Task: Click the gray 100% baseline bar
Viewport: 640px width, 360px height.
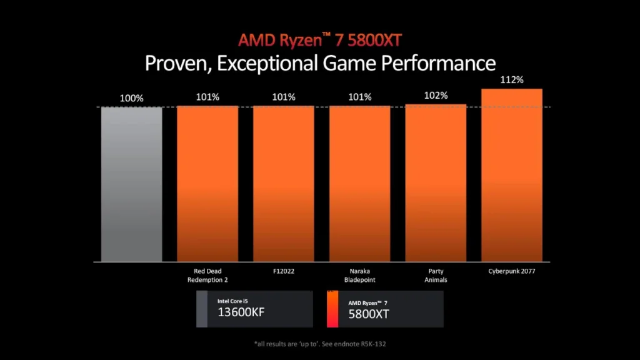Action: (x=132, y=184)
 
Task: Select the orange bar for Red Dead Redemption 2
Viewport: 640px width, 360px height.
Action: (x=207, y=184)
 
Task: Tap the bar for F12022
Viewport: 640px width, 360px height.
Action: (x=283, y=184)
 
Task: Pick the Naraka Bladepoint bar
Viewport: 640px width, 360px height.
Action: (x=359, y=184)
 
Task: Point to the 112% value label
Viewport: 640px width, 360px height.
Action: (x=511, y=81)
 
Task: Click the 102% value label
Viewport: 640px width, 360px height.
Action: (x=436, y=96)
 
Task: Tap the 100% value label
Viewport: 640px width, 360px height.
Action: (x=132, y=98)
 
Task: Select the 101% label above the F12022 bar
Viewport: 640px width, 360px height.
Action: (x=283, y=97)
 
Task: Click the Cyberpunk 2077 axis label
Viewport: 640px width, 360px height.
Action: (x=511, y=271)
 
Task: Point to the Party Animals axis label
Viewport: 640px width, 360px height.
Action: (x=436, y=275)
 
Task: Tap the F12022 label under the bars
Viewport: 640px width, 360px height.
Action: (x=283, y=271)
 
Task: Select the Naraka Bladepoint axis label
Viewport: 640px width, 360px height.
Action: (x=359, y=275)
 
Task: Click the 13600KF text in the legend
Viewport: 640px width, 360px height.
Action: (x=241, y=312)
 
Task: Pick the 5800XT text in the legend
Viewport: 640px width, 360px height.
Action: (x=369, y=314)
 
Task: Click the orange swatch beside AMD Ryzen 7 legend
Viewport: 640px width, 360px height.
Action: (x=332, y=309)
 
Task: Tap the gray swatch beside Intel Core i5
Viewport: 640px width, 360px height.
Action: (x=202, y=309)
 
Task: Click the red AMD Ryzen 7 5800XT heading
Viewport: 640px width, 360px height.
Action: (x=319, y=40)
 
